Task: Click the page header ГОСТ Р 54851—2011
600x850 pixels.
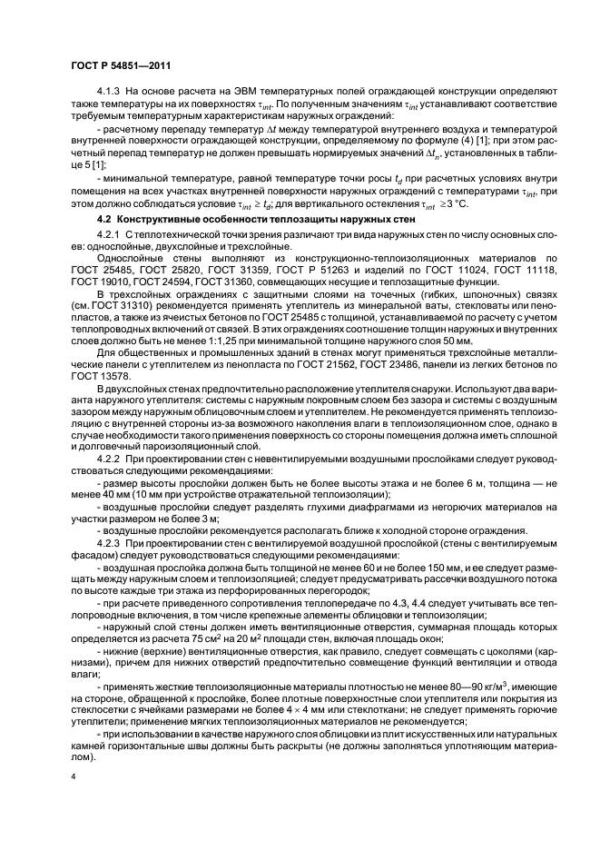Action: pos(114,65)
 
